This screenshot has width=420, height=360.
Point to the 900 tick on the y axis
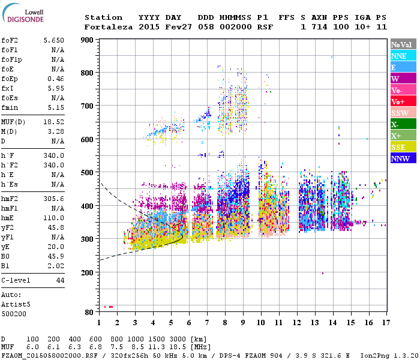[x=88, y=40]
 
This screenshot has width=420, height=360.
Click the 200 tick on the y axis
[x=88, y=272]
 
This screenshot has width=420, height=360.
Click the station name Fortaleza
[x=106, y=27]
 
